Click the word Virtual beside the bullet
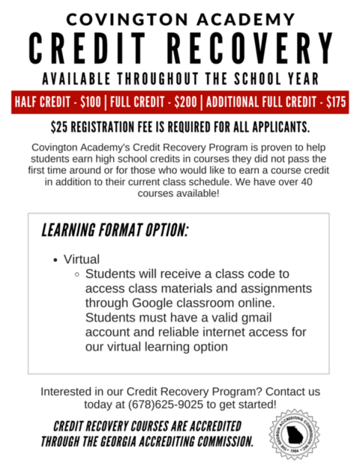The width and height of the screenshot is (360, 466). (x=82, y=259)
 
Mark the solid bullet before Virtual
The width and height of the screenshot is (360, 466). (x=56, y=260)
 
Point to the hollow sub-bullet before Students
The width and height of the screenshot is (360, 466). (x=77, y=275)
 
